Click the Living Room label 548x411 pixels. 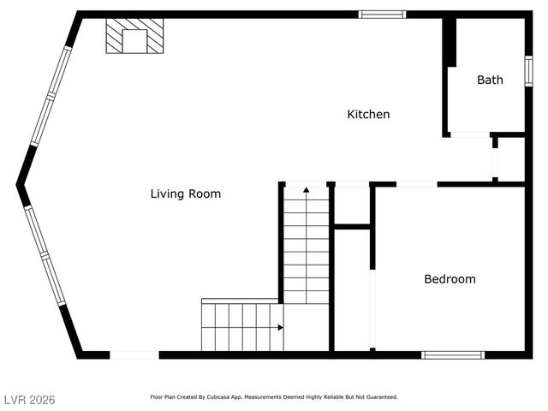(x=185, y=194)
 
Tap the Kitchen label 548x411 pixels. (x=368, y=115)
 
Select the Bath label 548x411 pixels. (x=490, y=80)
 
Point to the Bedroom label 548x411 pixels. (x=450, y=279)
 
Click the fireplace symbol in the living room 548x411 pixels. (x=134, y=38)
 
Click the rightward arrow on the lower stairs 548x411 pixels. (x=280, y=326)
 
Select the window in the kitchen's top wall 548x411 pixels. (x=382, y=14)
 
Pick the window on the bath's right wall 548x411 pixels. (x=528, y=70)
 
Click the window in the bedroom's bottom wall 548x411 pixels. (x=453, y=354)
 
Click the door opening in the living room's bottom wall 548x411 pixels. (x=134, y=354)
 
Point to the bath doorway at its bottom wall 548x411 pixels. (x=469, y=134)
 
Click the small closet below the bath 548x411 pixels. (x=511, y=158)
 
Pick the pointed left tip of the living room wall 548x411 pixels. (x=18, y=184)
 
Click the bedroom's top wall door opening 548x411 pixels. (x=416, y=184)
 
